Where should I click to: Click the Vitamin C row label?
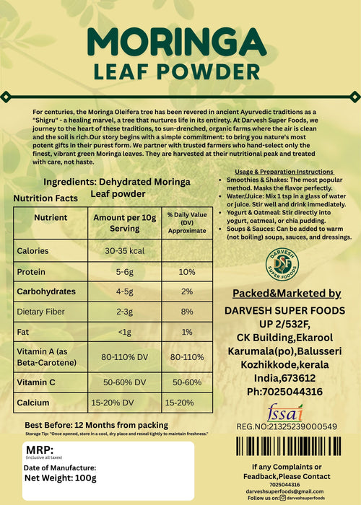click(40, 379)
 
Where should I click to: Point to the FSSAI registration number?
click(287, 427)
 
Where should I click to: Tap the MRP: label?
click(37, 449)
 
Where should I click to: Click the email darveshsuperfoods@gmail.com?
click(287, 491)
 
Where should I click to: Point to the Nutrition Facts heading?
click(45, 197)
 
